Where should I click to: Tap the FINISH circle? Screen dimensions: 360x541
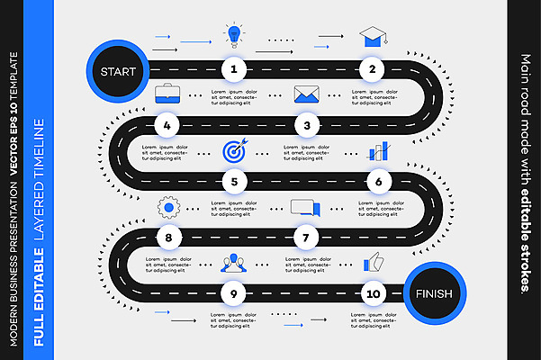coord(434,294)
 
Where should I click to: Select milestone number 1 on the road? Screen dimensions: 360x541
coord(234,68)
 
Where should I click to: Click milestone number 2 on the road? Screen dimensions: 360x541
coord(372,68)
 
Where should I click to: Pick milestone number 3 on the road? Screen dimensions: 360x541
coord(307,125)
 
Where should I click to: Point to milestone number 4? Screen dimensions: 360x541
coord(167,125)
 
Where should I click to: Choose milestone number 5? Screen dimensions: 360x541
coord(234,182)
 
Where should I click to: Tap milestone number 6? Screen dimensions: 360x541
coord(379,182)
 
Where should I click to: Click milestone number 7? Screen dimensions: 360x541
coord(307,238)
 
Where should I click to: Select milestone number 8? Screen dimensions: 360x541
coord(167,238)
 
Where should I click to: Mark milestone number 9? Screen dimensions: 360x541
coord(234,293)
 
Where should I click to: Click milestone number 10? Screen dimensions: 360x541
coord(372,293)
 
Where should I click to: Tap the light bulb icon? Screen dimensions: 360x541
coord(234,36)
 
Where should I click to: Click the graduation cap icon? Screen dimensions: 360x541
coord(372,37)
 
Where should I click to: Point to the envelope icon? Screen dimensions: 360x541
coord(307,94)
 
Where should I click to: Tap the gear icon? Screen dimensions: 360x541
coord(167,208)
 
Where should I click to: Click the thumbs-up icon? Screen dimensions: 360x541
coord(372,262)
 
